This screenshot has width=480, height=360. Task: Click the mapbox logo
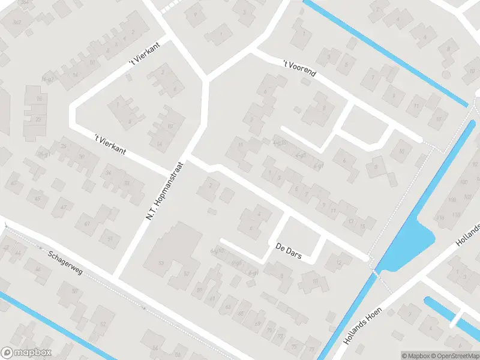pos(26,353)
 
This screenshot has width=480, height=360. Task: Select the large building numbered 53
pos(161,263)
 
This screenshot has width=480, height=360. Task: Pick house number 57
pos(187,274)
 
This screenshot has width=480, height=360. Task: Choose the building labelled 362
pos(16,22)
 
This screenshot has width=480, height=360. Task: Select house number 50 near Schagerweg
pos(75,291)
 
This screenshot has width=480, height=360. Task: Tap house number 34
pos(108,173)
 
